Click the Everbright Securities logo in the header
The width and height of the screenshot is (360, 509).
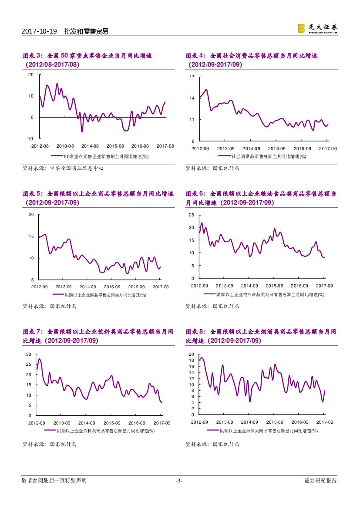tap(317, 29)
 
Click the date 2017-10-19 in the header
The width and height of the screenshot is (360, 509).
tap(40, 31)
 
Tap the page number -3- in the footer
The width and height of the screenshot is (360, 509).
tap(179, 481)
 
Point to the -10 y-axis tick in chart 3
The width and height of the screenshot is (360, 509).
tap(30, 138)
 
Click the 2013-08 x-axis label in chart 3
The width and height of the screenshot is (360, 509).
tap(65, 146)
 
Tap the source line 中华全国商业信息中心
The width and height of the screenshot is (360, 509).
tap(63, 168)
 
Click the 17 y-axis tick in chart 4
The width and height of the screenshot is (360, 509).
tap(192, 77)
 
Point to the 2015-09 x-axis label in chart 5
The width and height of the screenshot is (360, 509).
tap(112, 287)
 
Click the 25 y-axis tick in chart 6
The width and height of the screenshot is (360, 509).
tap(192, 215)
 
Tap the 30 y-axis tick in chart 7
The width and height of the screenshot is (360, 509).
tap(28, 354)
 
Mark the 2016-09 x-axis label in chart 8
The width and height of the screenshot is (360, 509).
tap(299, 422)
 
